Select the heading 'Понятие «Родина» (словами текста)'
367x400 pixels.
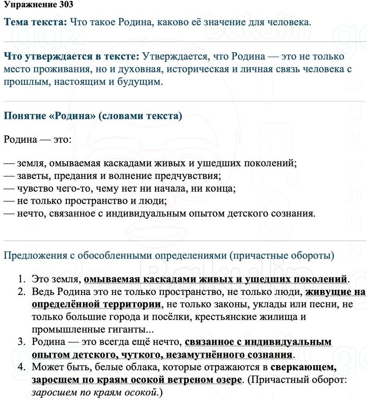[x=93, y=116]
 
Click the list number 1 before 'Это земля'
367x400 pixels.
[x=21, y=279]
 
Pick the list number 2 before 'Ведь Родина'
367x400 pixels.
[x=21, y=292]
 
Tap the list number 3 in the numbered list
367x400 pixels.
[x=21, y=342]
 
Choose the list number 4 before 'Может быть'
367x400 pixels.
[x=21, y=367]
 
